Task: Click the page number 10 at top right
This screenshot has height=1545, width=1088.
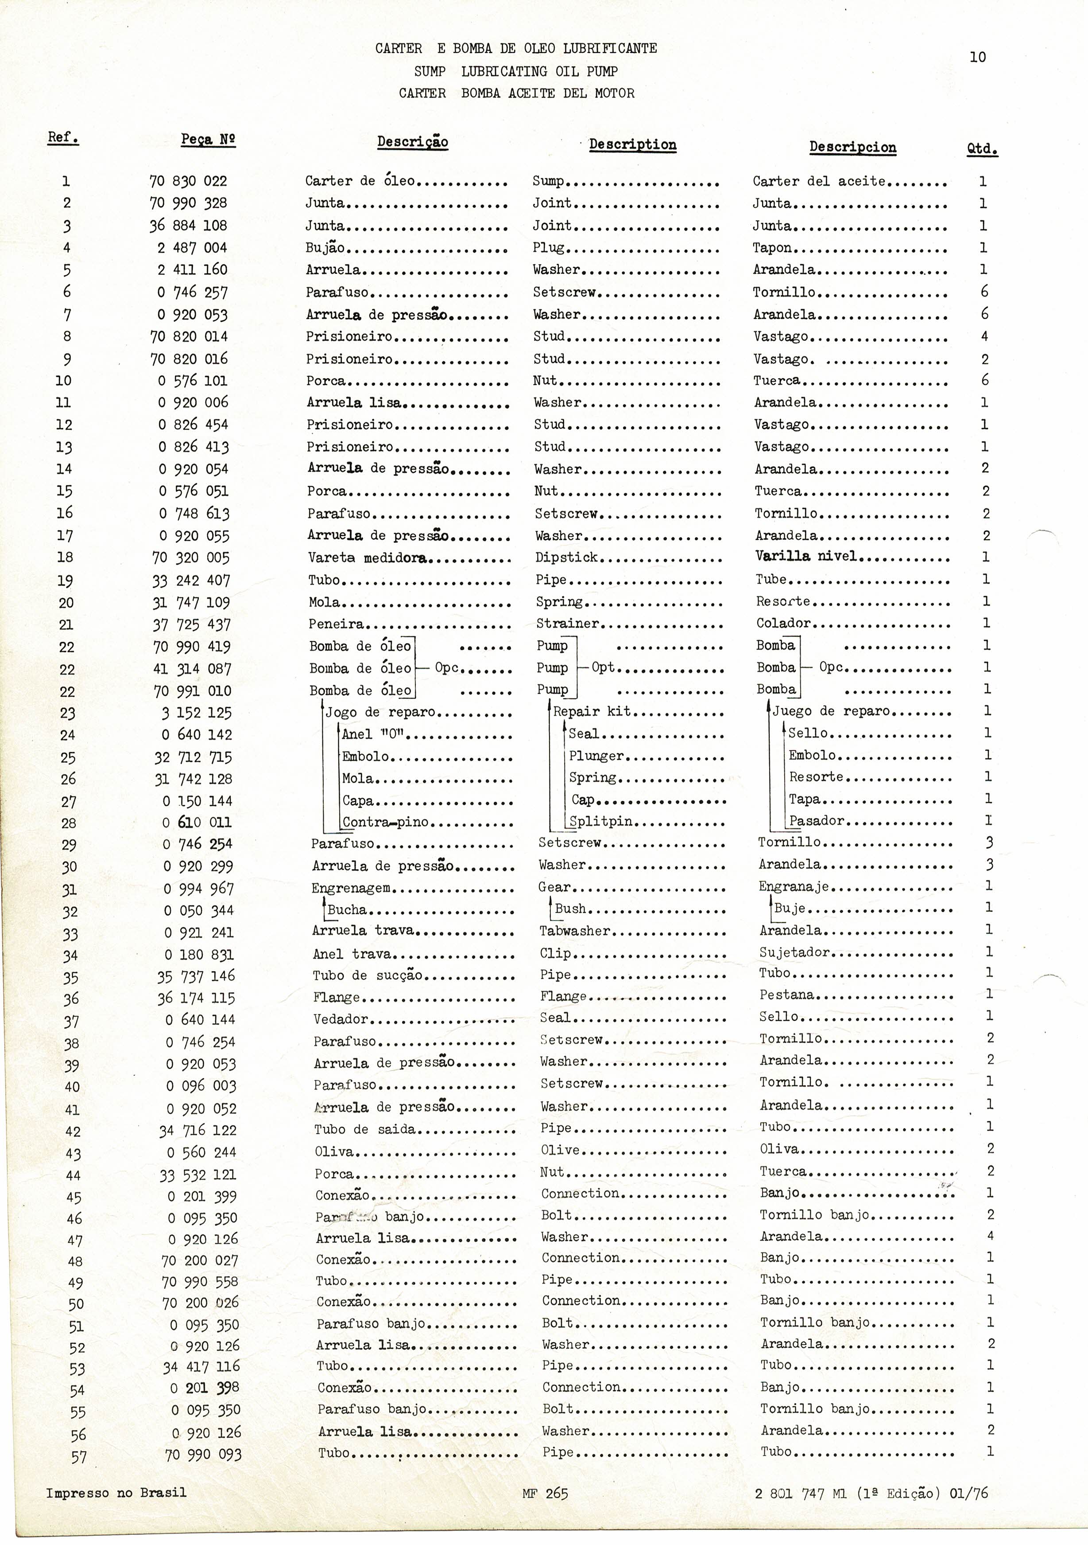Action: click(978, 57)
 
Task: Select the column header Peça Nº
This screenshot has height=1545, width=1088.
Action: click(208, 139)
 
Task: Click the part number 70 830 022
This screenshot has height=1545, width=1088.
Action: click(188, 181)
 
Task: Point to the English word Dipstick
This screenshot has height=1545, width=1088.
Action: click(566, 558)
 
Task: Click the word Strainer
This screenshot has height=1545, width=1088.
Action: click(567, 624)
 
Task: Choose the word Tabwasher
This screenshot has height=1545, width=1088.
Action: click(574, 931)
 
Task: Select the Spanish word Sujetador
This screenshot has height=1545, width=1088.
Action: click(794, 952)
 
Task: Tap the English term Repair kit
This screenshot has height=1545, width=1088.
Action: click(592, 712)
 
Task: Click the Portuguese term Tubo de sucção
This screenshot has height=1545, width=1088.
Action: click(367, 976)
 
